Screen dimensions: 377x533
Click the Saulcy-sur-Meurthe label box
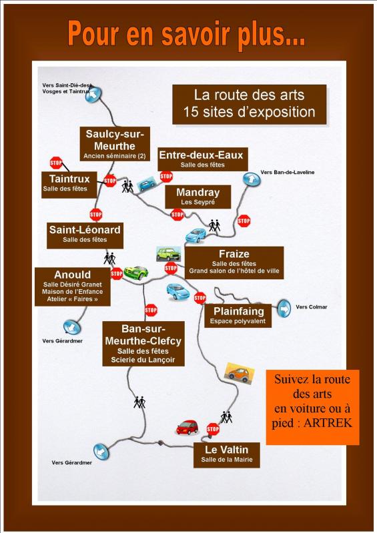click(115, 144)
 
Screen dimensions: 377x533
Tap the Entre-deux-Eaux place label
click(202, 159)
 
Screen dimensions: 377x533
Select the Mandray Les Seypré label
click(198, 197)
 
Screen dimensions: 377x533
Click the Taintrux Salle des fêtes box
click(69, 185)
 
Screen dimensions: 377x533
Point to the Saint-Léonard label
click(85, 235)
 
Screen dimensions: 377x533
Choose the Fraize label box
click(234, 263)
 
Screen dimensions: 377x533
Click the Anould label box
click(73, 286)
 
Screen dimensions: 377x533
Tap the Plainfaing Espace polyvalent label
click(238, 316)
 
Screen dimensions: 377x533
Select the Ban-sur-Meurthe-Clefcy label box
click(143, 344)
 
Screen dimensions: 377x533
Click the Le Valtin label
click(226, 455)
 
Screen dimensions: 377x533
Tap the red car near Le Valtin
click(187, 427)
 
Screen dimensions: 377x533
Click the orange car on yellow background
click(240, 373)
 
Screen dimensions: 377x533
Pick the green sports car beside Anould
click(136, 272)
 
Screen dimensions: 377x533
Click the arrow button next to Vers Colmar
click(284, 308)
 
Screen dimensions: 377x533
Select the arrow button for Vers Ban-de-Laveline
click(252, 179)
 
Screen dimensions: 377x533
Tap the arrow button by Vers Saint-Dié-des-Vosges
click(93, 95)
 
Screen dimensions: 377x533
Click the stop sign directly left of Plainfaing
click(200, 298)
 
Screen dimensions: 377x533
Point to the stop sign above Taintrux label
click(56, 163)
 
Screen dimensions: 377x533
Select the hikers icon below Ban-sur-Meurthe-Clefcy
click(139, 402)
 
